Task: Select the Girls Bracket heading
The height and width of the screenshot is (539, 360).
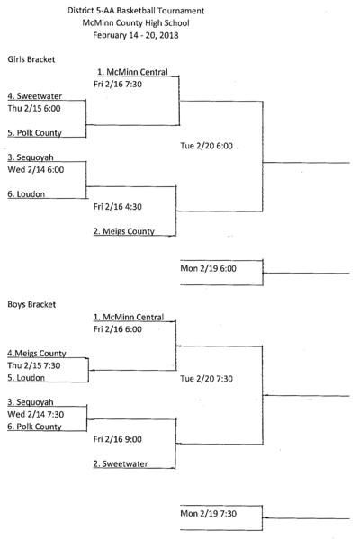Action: coord(31,59)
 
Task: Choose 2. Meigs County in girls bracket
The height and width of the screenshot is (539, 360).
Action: coord(128,231)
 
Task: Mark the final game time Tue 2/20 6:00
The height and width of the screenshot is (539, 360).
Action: coord(207,145)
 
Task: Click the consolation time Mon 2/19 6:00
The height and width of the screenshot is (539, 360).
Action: coord(209,269)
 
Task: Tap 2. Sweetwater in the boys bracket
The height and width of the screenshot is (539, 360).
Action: coord(122,464)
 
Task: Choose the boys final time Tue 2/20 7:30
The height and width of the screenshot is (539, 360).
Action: coord(207,379)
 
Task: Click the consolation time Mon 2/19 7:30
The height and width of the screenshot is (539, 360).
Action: coord(209,514)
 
